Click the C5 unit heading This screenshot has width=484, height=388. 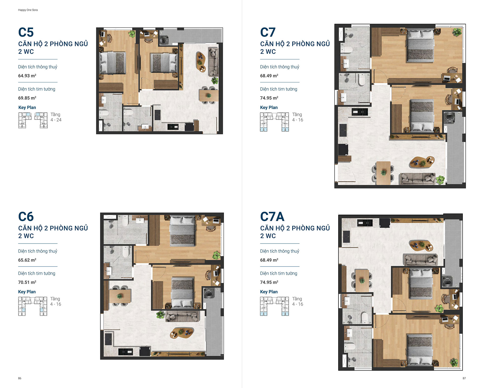pyautogui.click(x=26, y=32)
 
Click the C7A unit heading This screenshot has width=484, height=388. pyautogui.click(x=272, y=217)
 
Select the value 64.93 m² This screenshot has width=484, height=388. pyautogui.click(x=27, y=76)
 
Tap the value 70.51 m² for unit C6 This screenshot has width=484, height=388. pyautogui.click(x=27, y=282)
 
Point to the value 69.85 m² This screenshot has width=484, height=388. pyautogui.click(x=27, y=98)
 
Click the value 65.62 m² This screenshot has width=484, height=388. pyautogui.click(x=27, y=260)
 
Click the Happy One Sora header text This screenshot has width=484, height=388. pyautogui.click(x=28, y=10)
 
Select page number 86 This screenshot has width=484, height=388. pyautogui.click(x=20, y=378)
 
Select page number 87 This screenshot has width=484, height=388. pyautogui.click(x=464, y=378)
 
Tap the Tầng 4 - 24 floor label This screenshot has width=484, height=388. pyautogui.click(x=56, y=117)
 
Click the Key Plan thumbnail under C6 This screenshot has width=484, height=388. pyautogui.click(x=33, y=306)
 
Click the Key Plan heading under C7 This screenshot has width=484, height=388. pyautogui.click(x=269, y=108)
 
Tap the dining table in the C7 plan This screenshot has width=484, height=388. pyautogui.click(x=383, y=173)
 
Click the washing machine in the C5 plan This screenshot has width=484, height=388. pyautogui.click(x=164, y=40)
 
